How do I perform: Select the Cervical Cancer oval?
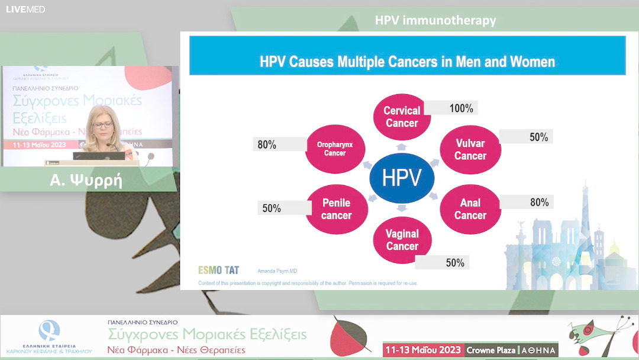coord(402,117)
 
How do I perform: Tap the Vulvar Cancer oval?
coord(470,150)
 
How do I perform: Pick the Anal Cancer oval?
coord(470,209)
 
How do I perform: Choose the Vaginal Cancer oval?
coord(402,240)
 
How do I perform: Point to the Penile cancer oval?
coord(336,209)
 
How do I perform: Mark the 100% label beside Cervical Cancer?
coord(461,108)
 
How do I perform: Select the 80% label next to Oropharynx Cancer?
coord(267,144)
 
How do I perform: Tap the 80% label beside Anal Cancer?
coord(539,202)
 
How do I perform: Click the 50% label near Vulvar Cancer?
coord(538,137)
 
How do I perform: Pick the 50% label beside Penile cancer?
coord(272,208)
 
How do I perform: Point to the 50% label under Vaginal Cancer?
coord(455,263)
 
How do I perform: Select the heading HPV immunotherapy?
coord(435,21)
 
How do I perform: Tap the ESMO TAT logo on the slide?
coord(218,270)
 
